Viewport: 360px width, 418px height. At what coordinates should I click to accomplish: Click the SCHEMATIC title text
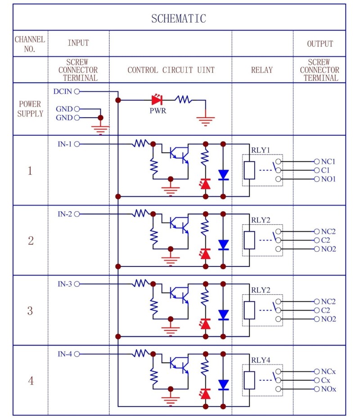pos(179,18)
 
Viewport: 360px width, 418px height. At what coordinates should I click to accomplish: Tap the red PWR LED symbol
pos(157,99)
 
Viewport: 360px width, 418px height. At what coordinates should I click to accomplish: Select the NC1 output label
pos(328,161)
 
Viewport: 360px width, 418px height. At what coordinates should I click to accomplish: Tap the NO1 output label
pos(328,179)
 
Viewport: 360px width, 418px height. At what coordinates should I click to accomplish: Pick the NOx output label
pos(328,389)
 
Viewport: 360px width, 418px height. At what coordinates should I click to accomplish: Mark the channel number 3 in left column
pos(30,311)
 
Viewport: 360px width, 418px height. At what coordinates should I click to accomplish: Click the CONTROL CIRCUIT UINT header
pos(171,70)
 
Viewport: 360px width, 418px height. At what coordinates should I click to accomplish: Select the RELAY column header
pos(262,70)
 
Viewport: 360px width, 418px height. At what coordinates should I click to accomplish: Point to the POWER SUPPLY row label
pos(30,109)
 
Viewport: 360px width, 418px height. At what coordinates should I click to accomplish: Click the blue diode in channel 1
pos(223,174)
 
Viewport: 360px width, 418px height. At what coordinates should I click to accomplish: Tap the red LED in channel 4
pos(206,394)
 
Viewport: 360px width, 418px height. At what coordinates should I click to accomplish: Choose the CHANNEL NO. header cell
pos(30,44)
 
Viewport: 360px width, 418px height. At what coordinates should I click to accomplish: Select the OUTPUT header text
pos(320,44)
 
